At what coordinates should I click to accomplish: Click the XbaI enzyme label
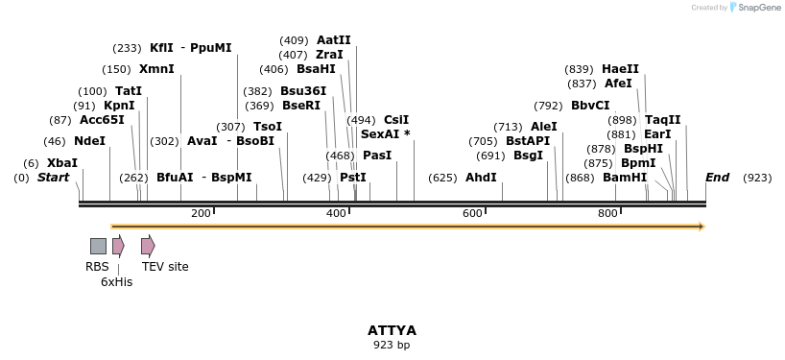tap(62, 163)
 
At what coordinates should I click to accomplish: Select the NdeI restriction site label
tap(89, 141)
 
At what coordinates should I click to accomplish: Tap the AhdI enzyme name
tap(481, 178)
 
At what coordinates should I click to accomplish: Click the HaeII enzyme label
tap(620, 69)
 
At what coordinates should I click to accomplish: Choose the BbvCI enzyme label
tap(590, 106)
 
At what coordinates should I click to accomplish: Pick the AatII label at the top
tap(333, 40)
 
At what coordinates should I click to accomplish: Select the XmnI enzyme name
tap(156, 69)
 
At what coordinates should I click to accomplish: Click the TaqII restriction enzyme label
tap(662, 120)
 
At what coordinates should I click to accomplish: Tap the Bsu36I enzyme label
tap(303, 91)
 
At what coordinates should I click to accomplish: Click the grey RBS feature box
tap(98, 246)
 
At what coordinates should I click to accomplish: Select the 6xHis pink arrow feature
tap(118, 246)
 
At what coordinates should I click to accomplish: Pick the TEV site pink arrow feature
tap(148, 246)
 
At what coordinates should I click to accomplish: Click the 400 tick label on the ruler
tap(336, 213)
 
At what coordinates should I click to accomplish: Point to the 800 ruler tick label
tap(607, 213)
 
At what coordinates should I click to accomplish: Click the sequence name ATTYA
tap(392, 330)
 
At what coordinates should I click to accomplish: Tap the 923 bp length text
tap(392, 345)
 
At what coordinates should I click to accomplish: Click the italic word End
tap(717, 178)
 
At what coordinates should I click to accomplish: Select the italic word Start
tap(53, 178)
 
